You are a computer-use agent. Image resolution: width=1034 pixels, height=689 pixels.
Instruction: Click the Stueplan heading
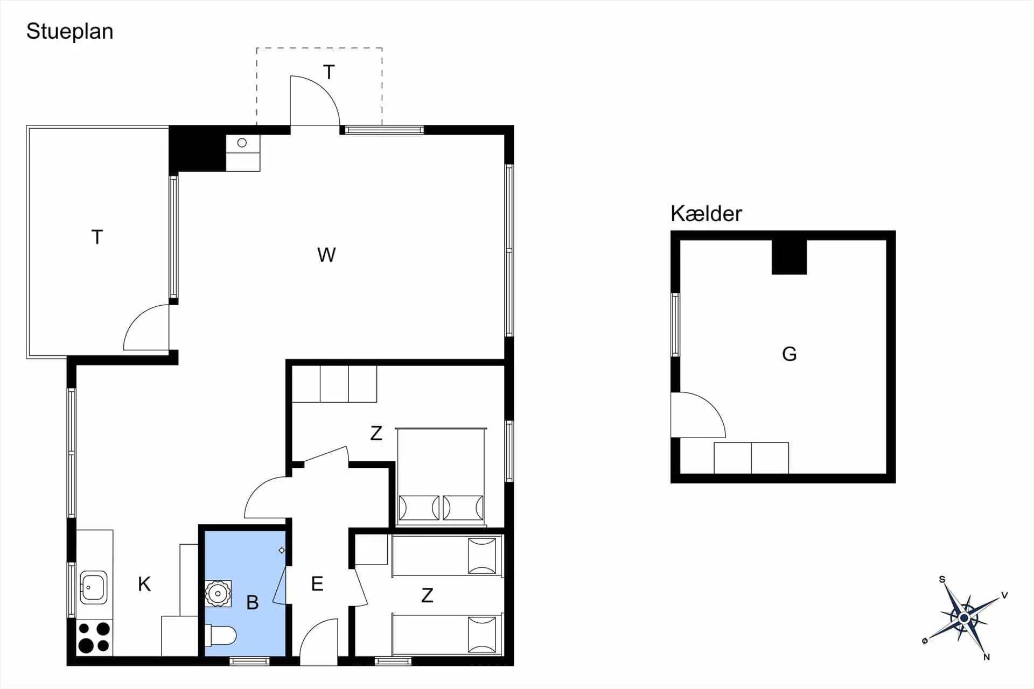pos(70,31)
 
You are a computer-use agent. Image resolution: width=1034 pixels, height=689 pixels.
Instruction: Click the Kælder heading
pos(706,214)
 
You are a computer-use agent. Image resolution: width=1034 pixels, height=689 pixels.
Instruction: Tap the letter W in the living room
pos(326,255)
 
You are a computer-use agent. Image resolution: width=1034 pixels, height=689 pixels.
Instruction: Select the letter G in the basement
pos(789,354)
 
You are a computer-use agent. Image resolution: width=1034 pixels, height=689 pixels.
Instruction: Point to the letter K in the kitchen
pos(144,584)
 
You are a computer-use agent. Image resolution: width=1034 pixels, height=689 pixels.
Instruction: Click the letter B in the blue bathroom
pos(252,602)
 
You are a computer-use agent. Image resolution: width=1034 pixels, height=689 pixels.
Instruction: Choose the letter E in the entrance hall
pos(317,583)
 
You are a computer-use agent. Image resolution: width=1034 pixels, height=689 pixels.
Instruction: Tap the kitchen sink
pos(94,587)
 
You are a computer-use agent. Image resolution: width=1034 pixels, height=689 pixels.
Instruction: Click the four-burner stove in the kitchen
pos(94,637)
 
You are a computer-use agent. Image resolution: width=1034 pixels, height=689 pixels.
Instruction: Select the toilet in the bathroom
pos(221,635)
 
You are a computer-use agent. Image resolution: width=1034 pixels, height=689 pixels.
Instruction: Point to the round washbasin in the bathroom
pos(218,594)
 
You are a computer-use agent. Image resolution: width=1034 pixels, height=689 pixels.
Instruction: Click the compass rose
pos(964,617)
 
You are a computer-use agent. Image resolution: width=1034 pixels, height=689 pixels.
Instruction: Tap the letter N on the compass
pos(986,657)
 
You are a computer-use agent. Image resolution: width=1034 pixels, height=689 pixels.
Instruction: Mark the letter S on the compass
pos(942,579)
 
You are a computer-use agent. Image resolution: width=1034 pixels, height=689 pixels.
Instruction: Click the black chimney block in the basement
pos(789,257)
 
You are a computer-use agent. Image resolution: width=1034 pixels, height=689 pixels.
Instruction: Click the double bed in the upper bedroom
pos(441,477)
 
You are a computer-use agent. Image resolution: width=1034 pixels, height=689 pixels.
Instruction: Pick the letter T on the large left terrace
pos(97,237)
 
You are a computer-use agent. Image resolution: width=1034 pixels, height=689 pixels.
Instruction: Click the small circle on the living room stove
pos(242,143)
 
